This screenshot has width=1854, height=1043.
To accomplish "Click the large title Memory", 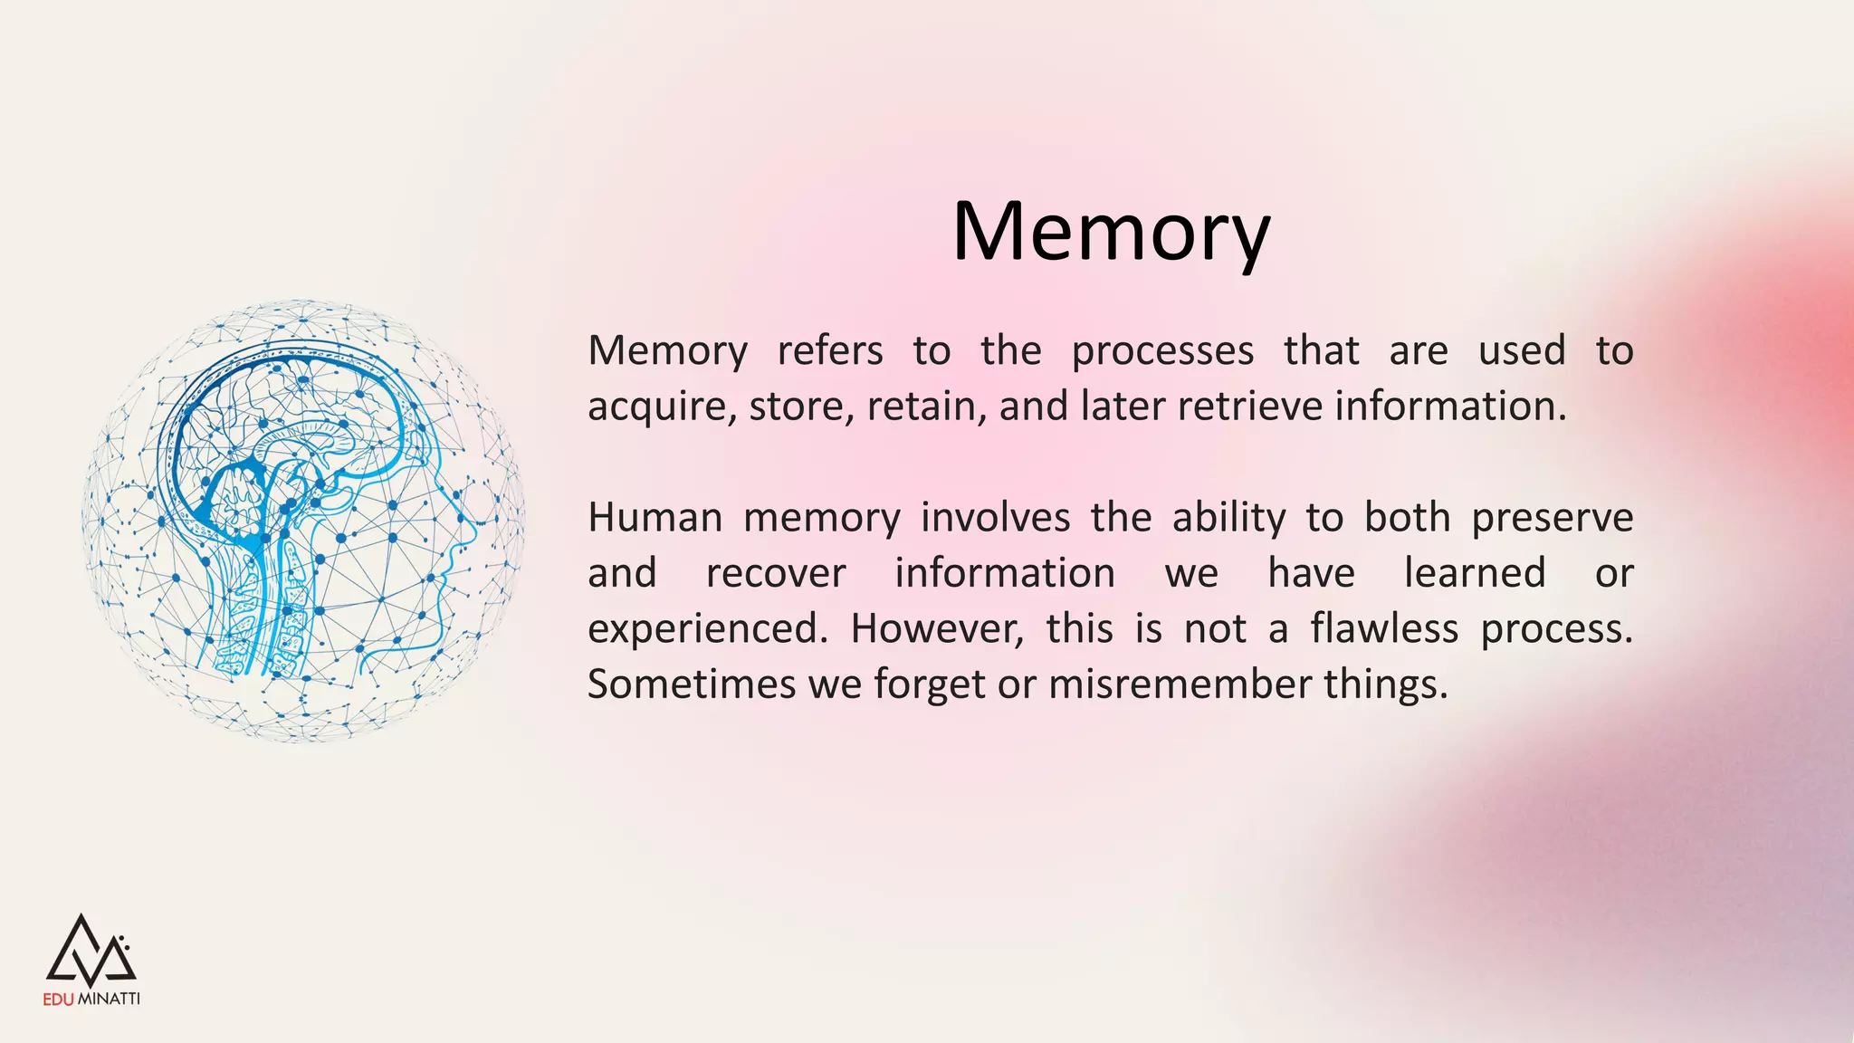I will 1111,232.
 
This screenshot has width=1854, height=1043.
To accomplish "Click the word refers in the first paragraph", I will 829,351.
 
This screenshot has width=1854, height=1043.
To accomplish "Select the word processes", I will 1162,351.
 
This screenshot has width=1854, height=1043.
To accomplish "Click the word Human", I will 655,518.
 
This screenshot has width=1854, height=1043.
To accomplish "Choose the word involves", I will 995,518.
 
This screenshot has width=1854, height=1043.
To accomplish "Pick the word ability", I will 1228,518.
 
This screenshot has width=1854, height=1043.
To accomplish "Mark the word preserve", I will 1552,518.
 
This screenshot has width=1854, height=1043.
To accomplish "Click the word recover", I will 776,573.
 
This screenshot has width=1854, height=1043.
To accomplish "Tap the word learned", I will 1474,573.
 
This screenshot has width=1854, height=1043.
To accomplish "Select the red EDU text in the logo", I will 60,1000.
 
